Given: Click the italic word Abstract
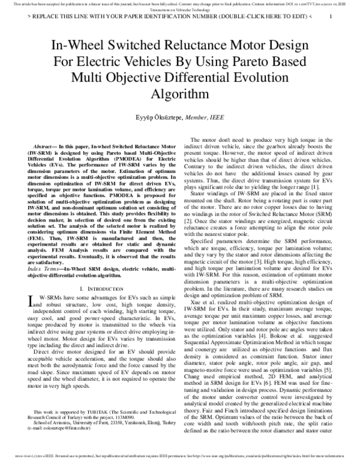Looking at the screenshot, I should point(43,146).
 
